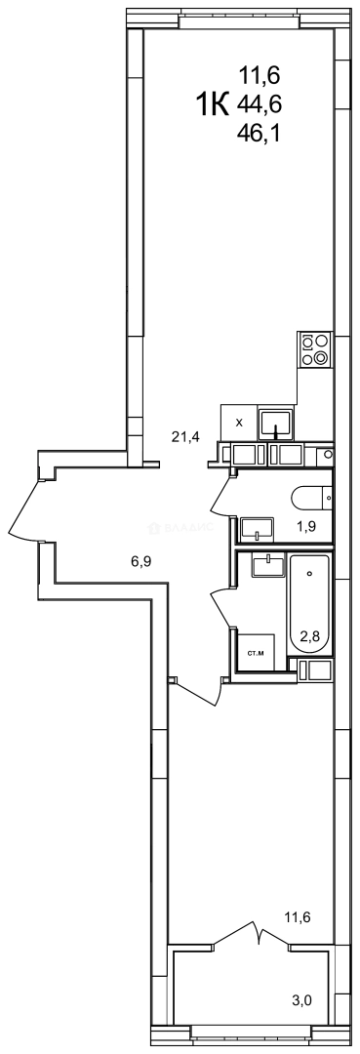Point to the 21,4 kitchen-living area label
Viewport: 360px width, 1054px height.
pyautogui.click(x=185, y=436)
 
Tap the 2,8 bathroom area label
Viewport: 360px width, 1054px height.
pyautogui.click(x=310, y=635)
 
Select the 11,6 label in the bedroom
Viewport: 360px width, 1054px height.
pyautogui.click(x=298, y=916)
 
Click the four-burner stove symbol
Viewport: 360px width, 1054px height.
pyautogui.click(x=314, y=349)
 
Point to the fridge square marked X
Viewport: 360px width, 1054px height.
pyautogui.click(x=239, y=423)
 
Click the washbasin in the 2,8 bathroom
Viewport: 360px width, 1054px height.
pyautogui.click(x=264, y=566)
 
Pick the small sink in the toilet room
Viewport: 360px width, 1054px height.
pyautogui.click(x=259, y=528)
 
